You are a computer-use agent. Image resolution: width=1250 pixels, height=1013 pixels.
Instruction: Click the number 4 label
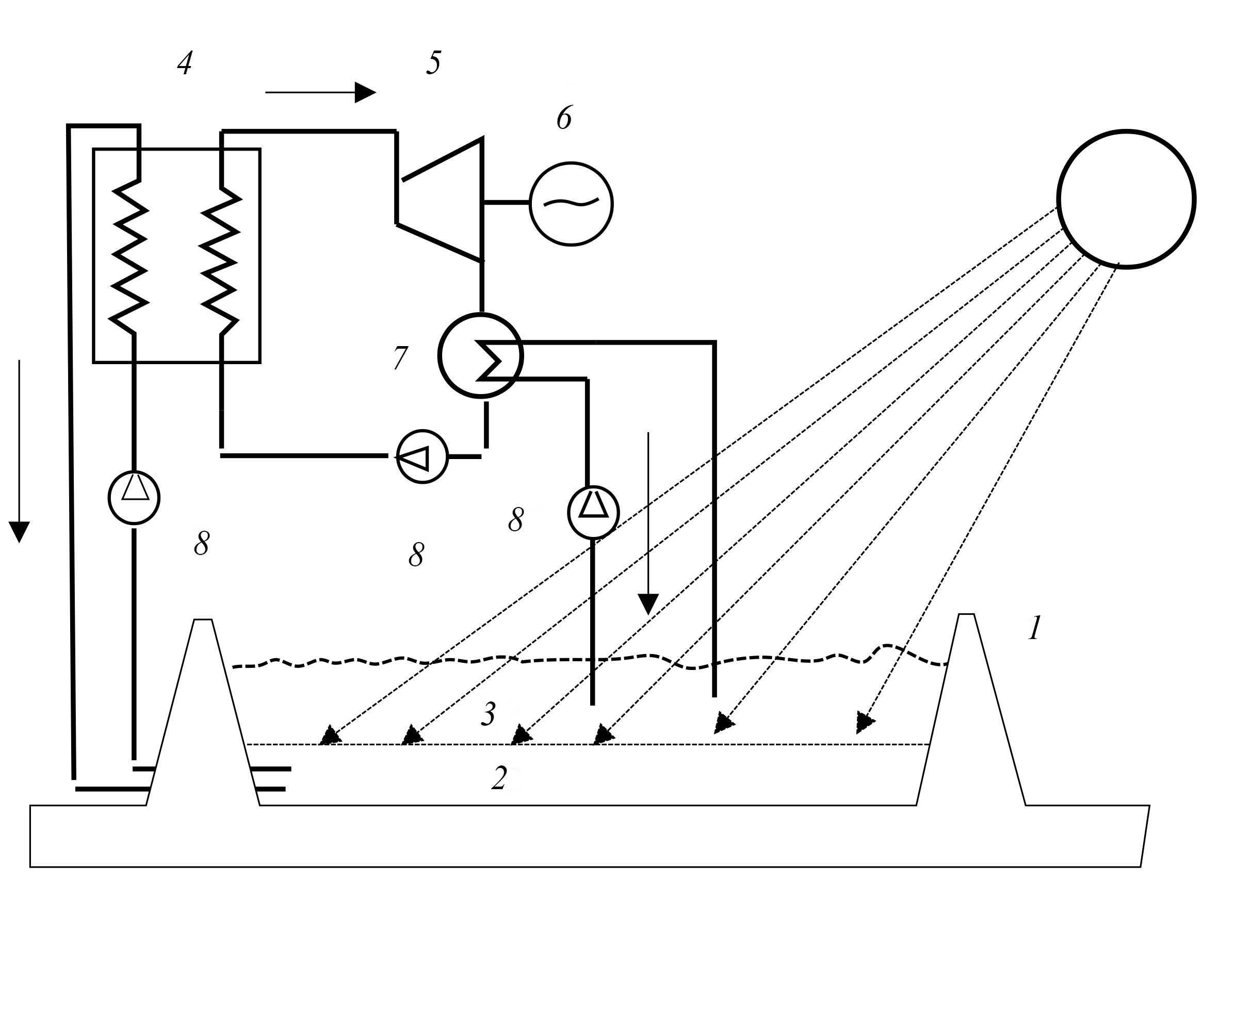(185, 63)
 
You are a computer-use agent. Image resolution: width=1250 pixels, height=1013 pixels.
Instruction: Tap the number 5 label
(433, 63)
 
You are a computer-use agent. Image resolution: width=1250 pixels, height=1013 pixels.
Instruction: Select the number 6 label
(564, 118)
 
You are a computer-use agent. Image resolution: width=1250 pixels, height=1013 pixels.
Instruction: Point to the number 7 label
(400, 358)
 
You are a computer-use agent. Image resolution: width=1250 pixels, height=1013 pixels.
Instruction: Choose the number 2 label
(499, 778)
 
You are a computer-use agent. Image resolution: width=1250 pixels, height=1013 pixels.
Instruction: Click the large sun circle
(1126, 199)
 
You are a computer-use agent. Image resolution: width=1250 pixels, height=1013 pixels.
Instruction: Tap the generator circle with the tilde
(571, 204)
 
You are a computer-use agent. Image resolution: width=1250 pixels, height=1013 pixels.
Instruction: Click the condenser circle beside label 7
(480, 355)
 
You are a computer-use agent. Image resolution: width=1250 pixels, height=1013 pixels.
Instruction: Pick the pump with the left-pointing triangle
(422, 456)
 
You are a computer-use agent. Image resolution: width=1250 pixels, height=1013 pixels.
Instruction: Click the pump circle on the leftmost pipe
(134, 497)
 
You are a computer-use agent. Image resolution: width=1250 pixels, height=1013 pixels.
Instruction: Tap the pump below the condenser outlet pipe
(593, 512)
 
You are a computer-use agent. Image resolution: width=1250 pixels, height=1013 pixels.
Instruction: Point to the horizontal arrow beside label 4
(320, 92)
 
